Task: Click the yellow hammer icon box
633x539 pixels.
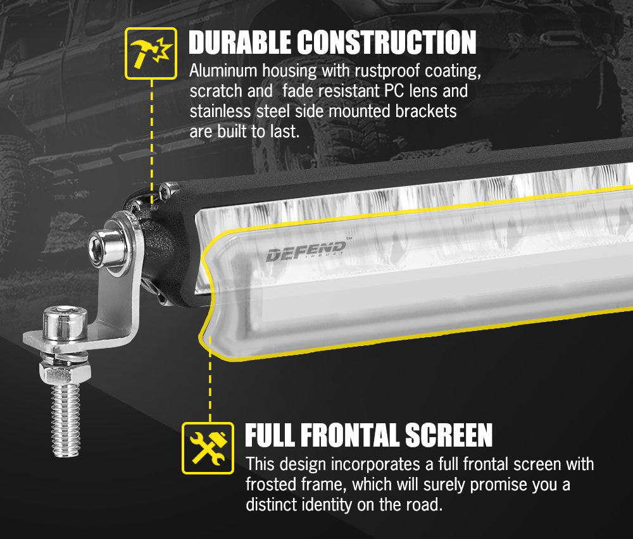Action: tap(151, 53)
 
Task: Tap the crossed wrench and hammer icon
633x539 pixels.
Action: tap(208, 448)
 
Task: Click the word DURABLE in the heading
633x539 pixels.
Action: tap(239, 42)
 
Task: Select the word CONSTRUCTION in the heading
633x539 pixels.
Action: tap(387, 42)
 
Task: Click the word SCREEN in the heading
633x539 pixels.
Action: tap(449, 435)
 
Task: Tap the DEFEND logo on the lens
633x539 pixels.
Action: tap(306, 251)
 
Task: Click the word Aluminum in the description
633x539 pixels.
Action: tap(223, 71)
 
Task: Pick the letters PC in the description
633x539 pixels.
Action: tap(394, 90)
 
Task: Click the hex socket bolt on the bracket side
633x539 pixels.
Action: tap(106, 247)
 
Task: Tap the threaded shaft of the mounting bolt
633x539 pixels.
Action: tap(65, 420)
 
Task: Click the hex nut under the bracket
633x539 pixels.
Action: tap(65, 373)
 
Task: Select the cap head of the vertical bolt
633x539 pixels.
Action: tap(65, 323)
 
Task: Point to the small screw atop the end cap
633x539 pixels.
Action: tap(168, 190)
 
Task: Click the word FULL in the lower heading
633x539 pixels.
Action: tap(270, 435)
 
